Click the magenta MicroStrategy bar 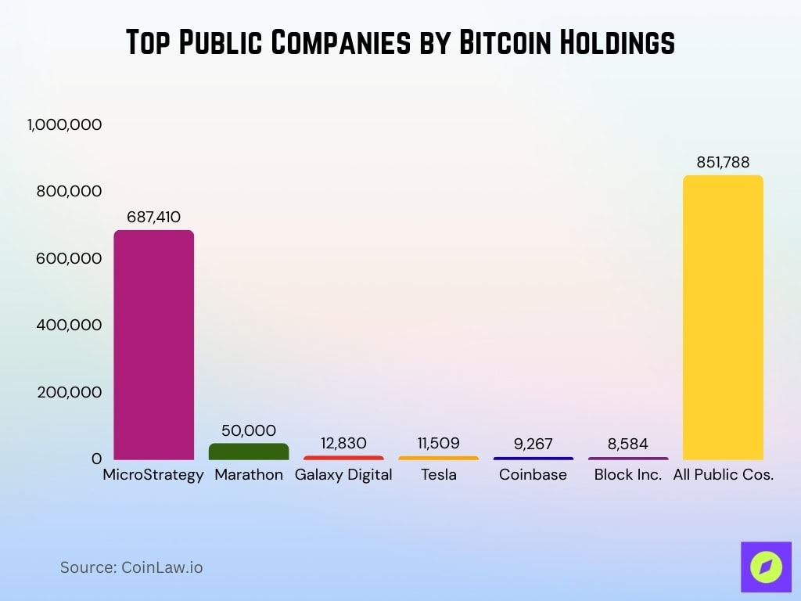click(153, 344)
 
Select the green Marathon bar click(249, 451)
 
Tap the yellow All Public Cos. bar click(723, 317)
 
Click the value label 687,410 click(153, 217)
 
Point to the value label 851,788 click(723, 163)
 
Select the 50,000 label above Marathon click(249, 430)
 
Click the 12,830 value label click(343, 443)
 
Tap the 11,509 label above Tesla click(438, 443)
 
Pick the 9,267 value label click(533, 444)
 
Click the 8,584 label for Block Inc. click(628, 444)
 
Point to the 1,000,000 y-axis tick click(65, 124)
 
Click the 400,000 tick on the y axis click(69, 325)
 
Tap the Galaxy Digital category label click(343, 474)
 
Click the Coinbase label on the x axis click(533, 474)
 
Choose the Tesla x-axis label click(438, 474)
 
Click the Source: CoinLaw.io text click(131, 567)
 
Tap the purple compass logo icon click(765, 566)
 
